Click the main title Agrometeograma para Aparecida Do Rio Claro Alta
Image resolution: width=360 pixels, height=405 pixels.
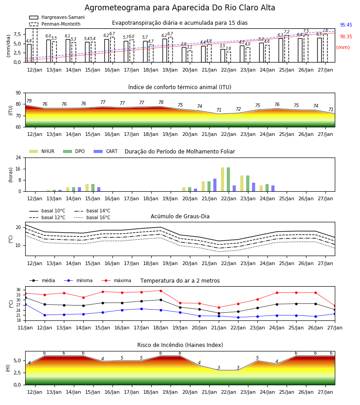180,8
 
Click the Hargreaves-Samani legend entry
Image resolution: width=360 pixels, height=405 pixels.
57,17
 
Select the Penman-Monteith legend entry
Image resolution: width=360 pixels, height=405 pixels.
55,24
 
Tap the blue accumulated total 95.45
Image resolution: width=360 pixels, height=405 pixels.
346,25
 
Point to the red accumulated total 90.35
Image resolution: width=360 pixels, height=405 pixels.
346,37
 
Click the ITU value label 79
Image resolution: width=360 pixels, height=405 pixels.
29,101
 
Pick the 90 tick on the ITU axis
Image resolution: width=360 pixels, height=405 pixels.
18,93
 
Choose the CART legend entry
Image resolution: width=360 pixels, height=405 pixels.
106,151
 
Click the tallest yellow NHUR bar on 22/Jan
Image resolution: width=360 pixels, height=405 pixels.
223,180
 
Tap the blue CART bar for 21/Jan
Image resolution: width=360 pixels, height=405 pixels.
215,185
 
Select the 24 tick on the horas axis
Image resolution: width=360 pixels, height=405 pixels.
18,157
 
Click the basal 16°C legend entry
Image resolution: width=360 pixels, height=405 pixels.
92,217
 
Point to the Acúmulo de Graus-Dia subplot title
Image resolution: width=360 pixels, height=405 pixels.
180,216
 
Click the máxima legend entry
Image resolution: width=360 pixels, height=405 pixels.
117,280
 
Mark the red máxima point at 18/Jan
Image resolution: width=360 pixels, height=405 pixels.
161,291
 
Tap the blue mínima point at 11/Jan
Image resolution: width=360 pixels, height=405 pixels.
26,304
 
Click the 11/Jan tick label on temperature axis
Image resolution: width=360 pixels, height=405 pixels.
25,328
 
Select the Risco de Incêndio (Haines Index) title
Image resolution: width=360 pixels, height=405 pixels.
180,345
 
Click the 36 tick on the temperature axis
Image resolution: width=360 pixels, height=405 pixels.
18,290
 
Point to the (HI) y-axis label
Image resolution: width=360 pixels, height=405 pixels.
8,368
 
